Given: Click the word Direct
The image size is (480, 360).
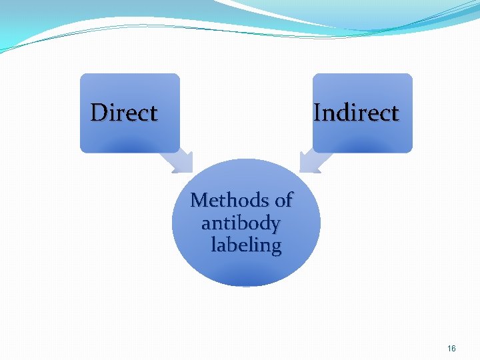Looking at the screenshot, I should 124,113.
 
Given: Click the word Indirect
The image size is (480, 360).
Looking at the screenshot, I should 356,113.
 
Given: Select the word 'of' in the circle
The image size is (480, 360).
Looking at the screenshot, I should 283,200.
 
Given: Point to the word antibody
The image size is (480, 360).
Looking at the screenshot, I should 241,223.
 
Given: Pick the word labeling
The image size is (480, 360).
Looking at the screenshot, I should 246,245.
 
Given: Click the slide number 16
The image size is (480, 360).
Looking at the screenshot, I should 452,348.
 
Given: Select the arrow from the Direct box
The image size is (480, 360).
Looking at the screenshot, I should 178,161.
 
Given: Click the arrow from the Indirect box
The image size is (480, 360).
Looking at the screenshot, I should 313,161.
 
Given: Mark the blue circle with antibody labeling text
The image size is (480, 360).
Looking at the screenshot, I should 246,267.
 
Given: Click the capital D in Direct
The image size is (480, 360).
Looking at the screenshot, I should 98,113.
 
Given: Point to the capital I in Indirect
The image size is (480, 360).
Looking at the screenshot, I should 317,113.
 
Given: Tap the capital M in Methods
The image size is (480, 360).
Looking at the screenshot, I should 199,200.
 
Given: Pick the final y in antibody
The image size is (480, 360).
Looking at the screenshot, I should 275,225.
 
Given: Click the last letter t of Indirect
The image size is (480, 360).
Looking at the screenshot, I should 395,113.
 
